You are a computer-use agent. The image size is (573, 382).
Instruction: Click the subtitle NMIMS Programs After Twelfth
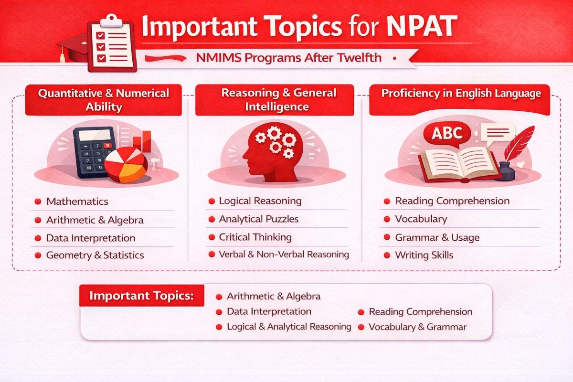288,58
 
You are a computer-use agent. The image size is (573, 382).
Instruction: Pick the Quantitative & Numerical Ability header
104,99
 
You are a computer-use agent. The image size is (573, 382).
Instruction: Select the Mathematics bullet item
77,202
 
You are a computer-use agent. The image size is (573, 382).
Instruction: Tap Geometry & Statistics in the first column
95,255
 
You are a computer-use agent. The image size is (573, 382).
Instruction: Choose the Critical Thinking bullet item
255,237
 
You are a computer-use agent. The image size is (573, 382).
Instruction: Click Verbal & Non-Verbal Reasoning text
284,255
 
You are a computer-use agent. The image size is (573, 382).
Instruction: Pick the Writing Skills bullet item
424,255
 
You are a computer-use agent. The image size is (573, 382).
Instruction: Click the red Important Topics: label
142,296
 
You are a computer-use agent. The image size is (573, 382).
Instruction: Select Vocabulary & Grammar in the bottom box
417,327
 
